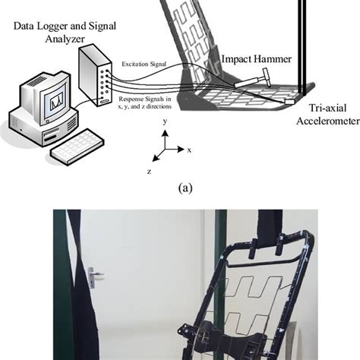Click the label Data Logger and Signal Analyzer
click(x=65, y=33)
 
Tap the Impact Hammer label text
click(x=257, y=59)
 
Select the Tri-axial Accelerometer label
click(x=328, y=115)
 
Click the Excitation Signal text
click(x=144, y=64)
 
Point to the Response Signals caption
click(x=145, y=103)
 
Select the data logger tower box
click(x=95, y=75)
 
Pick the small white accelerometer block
click(x=290, y=102)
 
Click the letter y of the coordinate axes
click(x=165, y=122)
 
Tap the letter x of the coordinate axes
click(x=189, y=150)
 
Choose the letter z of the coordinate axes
click(x=150, y=172)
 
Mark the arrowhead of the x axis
click(x=181, y=150)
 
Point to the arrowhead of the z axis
click(x=156, y=158)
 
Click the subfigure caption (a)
click(x=185, y=188)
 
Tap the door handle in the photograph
click(x=93, y=277)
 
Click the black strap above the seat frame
click(x=270, y=226)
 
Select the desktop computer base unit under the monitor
click(x=43, y=127)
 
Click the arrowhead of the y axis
click(x=165, y=133)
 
